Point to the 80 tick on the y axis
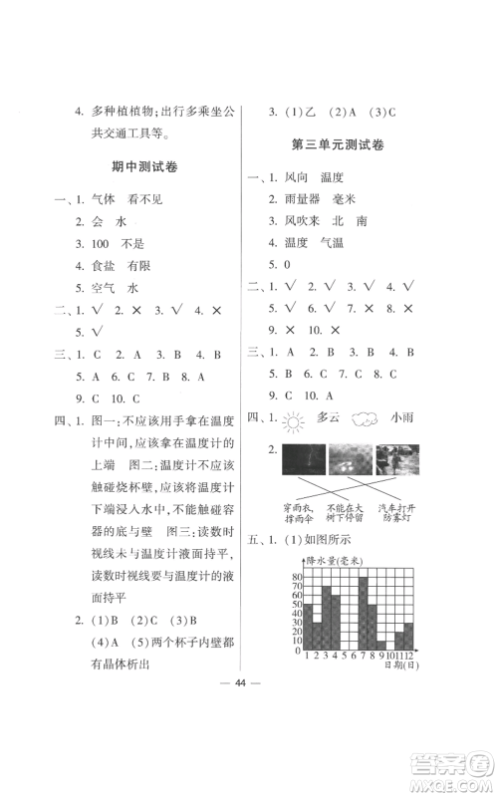pyautogui.click(x=296, y=578)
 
